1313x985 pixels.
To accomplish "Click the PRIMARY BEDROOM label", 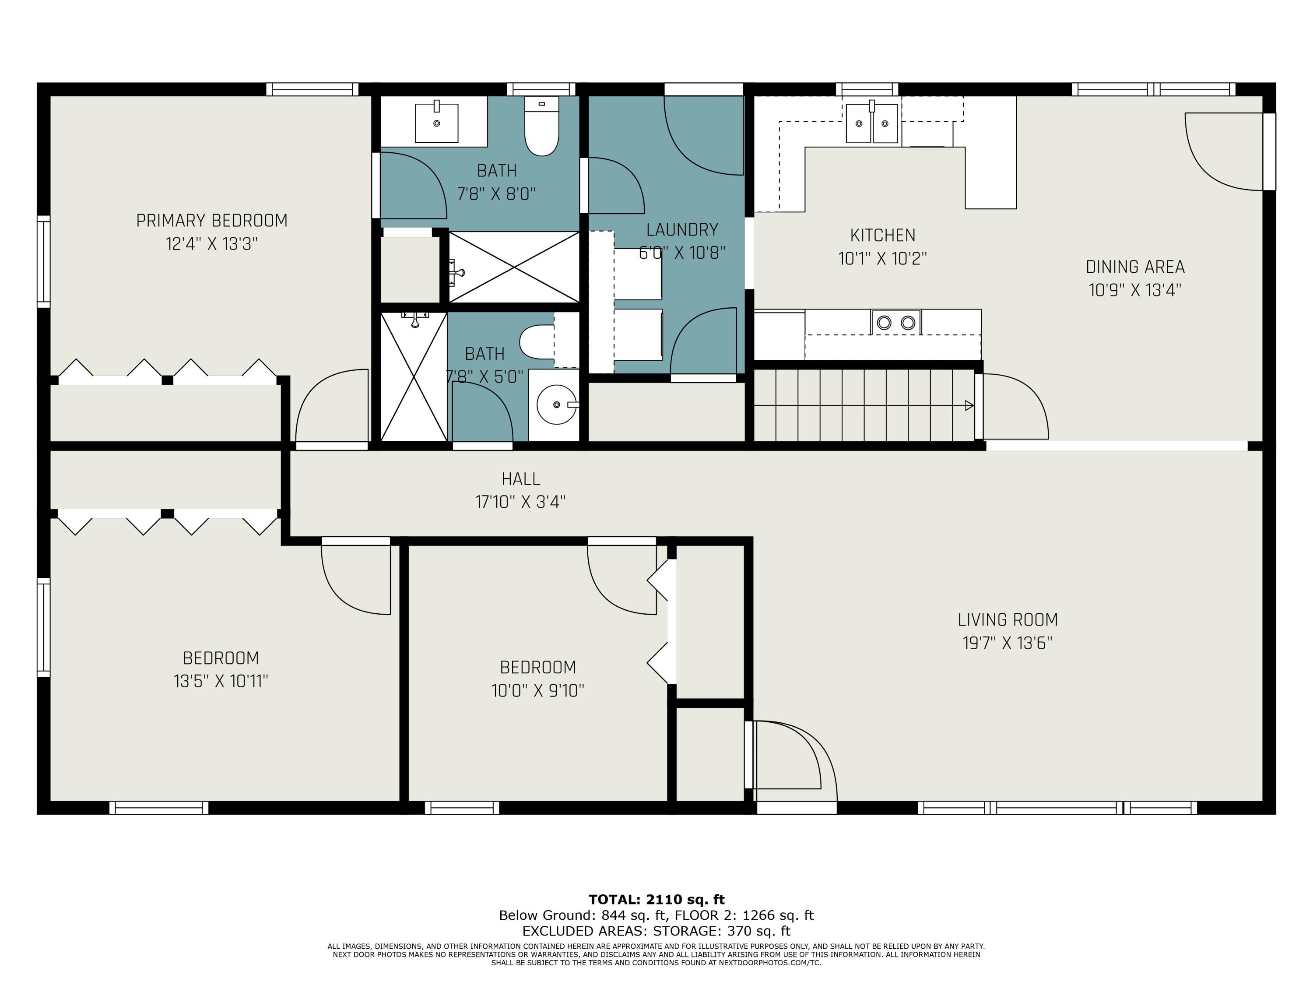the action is coord(212,221).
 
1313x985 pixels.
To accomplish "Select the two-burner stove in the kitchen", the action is coord(896,322).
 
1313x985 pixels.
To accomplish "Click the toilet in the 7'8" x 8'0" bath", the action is coord(541,126).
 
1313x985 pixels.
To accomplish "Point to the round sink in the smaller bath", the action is coord(557,405).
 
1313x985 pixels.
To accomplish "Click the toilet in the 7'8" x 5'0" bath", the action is coord(537,342).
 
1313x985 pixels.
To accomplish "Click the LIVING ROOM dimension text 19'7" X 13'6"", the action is coord(1008,643).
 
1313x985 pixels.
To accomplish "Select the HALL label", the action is coord(520,478).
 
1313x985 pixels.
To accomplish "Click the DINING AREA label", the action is coord(1135,267).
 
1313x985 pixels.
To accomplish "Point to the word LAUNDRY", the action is coord(682,230).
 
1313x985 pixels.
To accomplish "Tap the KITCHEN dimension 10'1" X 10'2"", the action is coord(883,259).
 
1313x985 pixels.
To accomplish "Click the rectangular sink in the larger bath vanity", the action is coord(436,123).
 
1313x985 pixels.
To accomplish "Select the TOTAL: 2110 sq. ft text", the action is coord(656,900).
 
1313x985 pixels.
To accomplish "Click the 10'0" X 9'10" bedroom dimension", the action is coord(538,690).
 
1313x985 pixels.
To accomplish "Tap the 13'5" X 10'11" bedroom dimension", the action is coord(221,681).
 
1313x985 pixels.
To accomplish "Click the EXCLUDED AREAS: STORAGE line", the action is coord(656,931).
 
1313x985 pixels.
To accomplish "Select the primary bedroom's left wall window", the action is coord(44,262).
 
